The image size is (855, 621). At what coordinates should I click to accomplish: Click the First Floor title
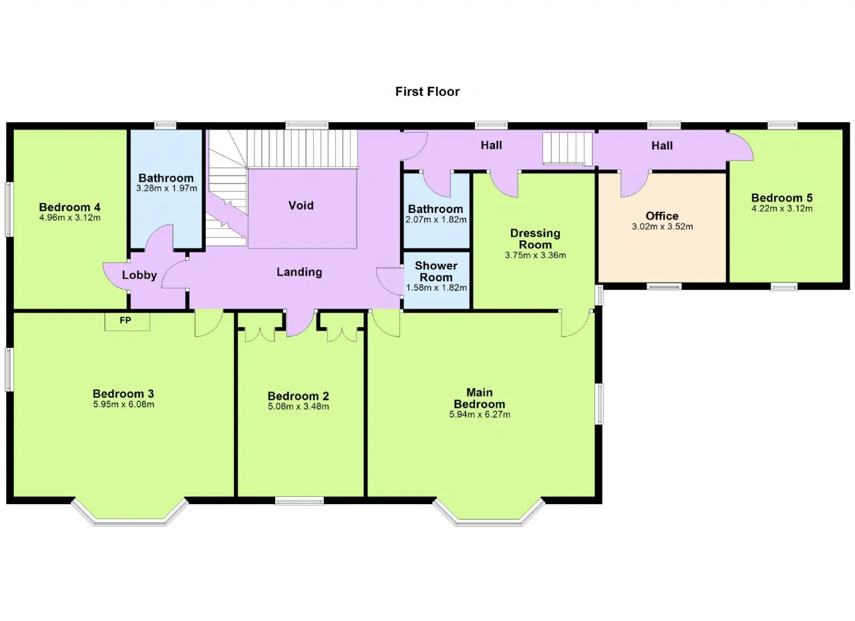[427, 91]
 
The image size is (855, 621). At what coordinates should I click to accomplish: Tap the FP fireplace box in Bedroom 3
[128, 322]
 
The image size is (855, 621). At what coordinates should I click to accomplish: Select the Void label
[301, 205]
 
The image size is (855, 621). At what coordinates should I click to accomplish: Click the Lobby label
[140, 275]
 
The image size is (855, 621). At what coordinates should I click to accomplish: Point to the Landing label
[299, 272]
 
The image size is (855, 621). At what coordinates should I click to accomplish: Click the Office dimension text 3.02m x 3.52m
[662, 226]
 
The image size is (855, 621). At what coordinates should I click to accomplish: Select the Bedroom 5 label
[782, 198]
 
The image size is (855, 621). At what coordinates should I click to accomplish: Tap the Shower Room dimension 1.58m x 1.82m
[436, 288]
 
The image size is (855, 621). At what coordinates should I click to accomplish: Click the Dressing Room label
[535, 239]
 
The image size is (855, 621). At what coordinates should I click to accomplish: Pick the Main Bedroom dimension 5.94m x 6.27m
[480, 415]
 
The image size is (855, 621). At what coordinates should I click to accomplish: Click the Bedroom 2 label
[298, 396]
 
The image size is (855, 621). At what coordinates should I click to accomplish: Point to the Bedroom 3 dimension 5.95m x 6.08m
[124, 405]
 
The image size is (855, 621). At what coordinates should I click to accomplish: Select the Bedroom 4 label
[69, 207]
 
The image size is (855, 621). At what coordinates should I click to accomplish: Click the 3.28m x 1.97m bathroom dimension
[166, 188]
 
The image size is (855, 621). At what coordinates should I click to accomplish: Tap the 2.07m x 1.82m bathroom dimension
[436, 220]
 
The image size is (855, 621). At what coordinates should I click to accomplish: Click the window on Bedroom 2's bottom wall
[299, 501]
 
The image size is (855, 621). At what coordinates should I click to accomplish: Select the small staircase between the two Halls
[568, 149]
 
